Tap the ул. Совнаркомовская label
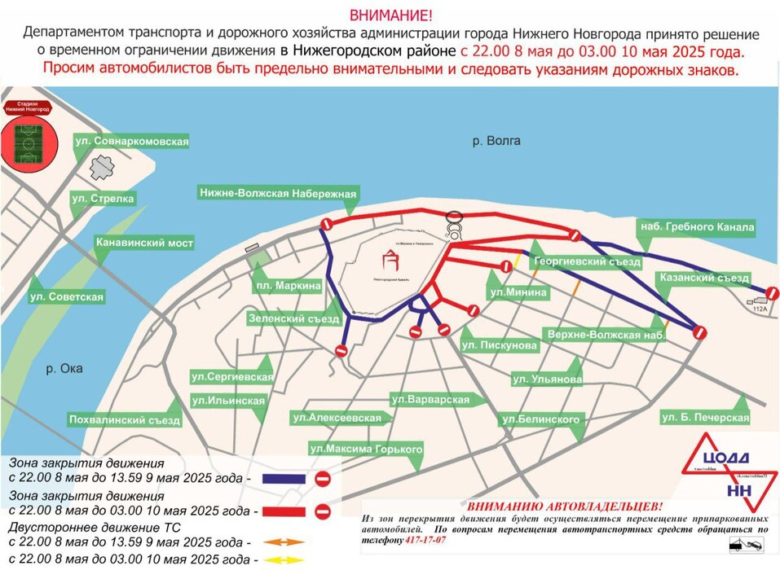pyautogui.click(x=131, y=142)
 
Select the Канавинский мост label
pyautogui.click(x=144, y=243)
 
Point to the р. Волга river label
pyautogui.click(x=496, y=141)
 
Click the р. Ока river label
pyautogui.click(x=64, y=368)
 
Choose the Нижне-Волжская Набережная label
pyautogui.click(x=278, y=193)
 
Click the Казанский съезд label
pyautogui.click(x=703, y=279)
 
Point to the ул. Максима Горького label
pyautogui.click(x=366, y=449)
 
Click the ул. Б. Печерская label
pyautogui.click(x=705, y=418)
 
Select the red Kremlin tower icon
pyautogui.click(x=393, y=260)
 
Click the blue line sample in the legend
pyautogui.click(x=284, y=479)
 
